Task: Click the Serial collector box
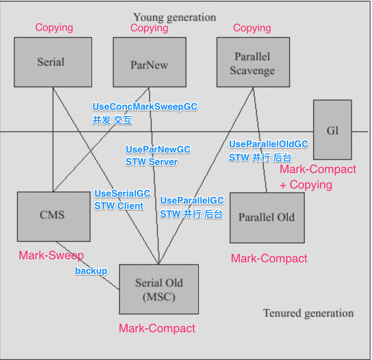click(50, 62)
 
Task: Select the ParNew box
click(149, 62)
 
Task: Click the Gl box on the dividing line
click(332, 130)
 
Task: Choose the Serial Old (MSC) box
click(159, 289)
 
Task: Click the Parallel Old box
click(266, 217)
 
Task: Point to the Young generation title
click(174, 17)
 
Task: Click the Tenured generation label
click(308, 313)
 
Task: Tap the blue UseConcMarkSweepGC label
click(145, 107)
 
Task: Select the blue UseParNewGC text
click(158, 149)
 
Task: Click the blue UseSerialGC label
click(123, 194)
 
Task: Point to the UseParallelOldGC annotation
click(268, 144)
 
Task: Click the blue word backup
click(91, 271)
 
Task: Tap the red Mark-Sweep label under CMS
click(51, 255)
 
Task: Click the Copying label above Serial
click(54, 27)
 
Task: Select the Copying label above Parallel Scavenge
click(252, 28)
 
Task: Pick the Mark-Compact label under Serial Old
click(157, 328)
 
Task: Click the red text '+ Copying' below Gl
click(306, 185)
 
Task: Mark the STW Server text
click(152, 162)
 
